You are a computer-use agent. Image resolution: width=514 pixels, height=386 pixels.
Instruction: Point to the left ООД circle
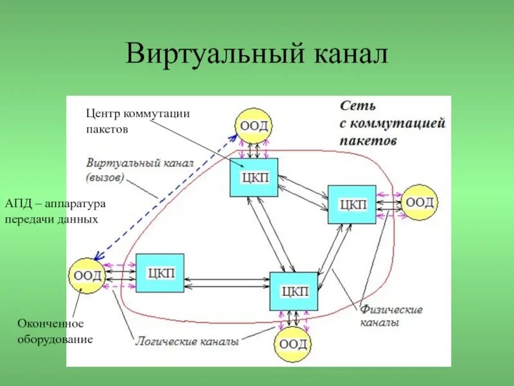87,276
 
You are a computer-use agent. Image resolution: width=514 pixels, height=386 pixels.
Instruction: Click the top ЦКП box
254,177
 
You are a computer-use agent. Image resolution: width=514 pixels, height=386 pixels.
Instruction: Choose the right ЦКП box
351,205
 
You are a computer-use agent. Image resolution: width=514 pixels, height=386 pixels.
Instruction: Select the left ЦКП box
159,273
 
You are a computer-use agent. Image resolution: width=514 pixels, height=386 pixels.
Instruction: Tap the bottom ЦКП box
294,292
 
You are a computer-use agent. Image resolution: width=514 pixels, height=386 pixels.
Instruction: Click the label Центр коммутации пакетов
137,120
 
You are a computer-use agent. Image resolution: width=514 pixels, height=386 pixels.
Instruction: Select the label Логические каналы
187,342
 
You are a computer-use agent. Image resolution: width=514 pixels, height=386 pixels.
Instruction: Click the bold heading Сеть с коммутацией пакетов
392,122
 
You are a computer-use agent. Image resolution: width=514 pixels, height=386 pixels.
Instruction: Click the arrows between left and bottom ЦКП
226,282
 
